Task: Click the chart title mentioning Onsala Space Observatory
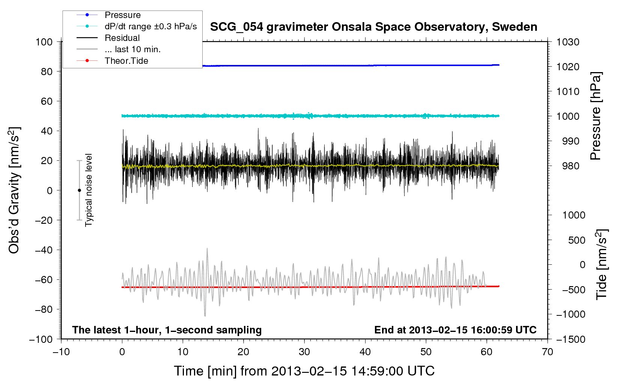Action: pyautogui.click(x=373, y=27)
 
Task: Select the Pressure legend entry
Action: pyautogui.click(x=122, y=15)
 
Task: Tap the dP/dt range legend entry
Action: pyautogui.click(x=150, y=26)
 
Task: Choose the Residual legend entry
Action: pyautogui.click(x=122, y=38)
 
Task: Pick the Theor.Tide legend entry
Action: pyautogui.click(x=126, y=61)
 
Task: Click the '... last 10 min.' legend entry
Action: pyautogui.click(x=132, y=49)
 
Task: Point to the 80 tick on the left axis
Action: pyautogui.click(x=47, y=71)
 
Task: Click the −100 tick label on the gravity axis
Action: pyautogui.click(x=41, y=339)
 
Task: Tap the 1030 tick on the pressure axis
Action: pyautogui.click(x=568, y=42)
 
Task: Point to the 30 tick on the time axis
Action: pyautogui.click(x=304, y=352)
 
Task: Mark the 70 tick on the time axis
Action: pyautogui.click(x=548, y=352)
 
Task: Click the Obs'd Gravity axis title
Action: pyautogui.click(x=14, y=190)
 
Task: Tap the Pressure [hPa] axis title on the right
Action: pyautogui.click(x=596, y=116)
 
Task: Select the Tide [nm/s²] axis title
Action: pyautogui.click(x=601, y=264)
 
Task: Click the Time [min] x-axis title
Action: pyautogui.click(x=304, y=371)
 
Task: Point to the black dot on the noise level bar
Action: pyautogui.click(x=79, y=190)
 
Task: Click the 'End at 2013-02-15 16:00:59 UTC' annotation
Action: pyautogui.click(x=455, y=330)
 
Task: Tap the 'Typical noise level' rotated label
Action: pyautogui.click(x=89, y=190)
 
